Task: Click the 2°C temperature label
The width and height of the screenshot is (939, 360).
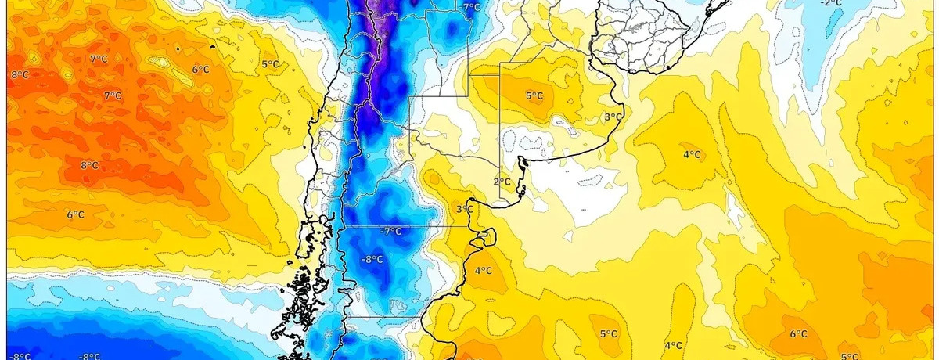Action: [502, 182]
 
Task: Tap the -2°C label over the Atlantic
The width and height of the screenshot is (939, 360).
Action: [831, 3]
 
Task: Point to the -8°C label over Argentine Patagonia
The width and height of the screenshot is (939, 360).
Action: [372, 259]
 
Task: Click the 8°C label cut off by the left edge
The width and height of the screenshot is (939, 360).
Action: [19, 75]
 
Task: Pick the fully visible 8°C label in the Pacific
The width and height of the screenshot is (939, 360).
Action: [89, 166]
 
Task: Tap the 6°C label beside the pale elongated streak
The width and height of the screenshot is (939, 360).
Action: [200, 70]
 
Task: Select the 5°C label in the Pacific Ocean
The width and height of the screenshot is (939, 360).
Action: [270, 64]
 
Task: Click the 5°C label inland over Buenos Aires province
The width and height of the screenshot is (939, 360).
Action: [534, 96]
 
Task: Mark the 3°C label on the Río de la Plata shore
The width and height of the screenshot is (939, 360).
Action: [612, 117]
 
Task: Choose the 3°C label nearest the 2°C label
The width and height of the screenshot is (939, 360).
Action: [464, 210]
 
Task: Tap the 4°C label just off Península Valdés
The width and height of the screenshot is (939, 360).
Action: [483, 272]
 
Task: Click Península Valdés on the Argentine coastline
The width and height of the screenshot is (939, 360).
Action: [487, 236]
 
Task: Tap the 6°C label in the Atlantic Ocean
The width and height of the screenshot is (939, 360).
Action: [798, 334]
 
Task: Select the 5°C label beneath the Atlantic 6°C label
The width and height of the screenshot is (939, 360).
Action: [848, 357]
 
